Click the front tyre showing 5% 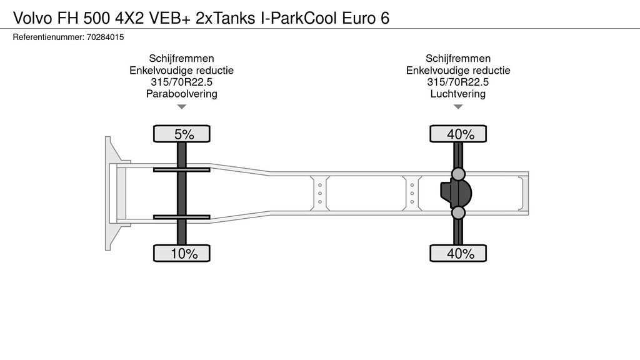point(182,134)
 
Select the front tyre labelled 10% point(182,253)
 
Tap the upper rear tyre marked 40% point(458,134)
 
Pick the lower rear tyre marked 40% point(458,253)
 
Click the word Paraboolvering point(182,94)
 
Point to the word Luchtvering point(458,94)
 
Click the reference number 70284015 point(105,37)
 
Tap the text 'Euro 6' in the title point(366,18)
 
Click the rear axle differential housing point(456,194)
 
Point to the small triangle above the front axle point(182,107)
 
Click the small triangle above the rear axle point(458,107)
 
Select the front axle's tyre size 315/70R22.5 point(182,82)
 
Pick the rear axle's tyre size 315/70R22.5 point(458,82)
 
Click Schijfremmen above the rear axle point(458,58)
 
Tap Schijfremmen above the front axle point(182,58)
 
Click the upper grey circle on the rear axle point(458,174)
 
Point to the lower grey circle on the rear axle point(458,212)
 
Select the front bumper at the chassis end point(109,194)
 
